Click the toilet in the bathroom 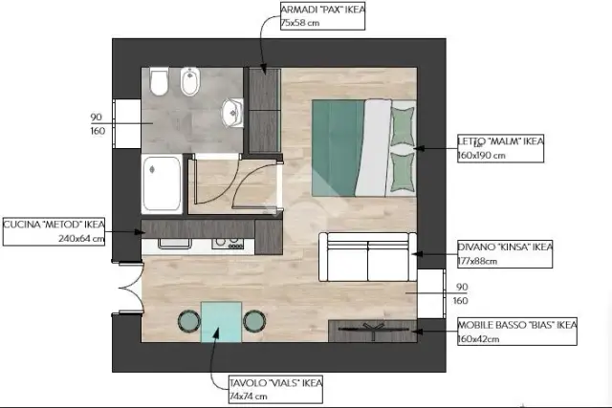coord(159,81)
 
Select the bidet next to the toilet coord(190,81)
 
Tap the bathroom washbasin coord(232,113)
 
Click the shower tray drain coord(152,169)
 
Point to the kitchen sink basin coord(174,243)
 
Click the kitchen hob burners coord(228,244)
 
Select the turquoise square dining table coord(221,322)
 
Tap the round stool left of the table coord(189,321)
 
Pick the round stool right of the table coord(254,321)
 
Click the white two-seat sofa coord(367,257)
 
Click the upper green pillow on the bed coord(403,127)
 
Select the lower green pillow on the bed coord(403,172)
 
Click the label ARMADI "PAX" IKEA coord(323,10)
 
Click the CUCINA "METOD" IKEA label coord(54,225)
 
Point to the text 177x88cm coord(477,261)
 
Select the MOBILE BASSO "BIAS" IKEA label coord(516,325)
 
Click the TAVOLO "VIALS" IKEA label coord(276,382)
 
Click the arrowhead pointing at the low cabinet coord(418,332)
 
